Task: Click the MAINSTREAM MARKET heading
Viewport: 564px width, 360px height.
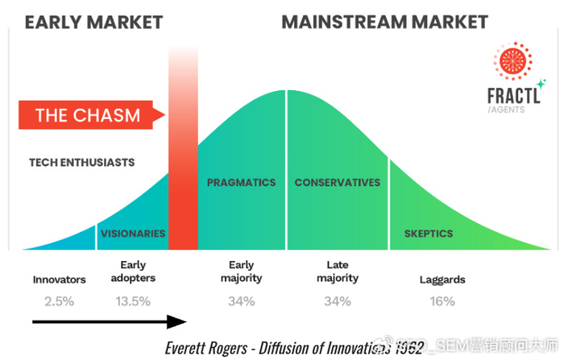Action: click(384, 22)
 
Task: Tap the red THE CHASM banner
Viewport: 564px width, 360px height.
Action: click(88, 114)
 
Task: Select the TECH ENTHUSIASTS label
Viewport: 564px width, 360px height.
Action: click(81, 162)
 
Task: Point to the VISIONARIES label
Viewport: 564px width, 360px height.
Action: click(133, 234)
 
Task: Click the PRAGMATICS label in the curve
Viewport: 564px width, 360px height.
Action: click(241, 183)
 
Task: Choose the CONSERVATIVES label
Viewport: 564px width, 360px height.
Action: click(337, 183)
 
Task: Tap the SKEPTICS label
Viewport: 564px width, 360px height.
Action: click(428, 234)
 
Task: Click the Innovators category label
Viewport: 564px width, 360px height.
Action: click(59, 280)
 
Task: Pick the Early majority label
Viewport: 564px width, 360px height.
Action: click(241, 271)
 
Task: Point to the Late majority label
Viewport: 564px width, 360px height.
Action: click(337, 271)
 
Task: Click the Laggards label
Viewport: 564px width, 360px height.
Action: click(441, 280)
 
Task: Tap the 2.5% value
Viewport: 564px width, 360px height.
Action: click(59, 301)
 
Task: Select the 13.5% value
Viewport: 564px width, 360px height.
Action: click(133, 301)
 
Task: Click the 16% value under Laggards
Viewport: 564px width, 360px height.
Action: click(441, 301)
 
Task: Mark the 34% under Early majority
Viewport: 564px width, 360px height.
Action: click(241, 301)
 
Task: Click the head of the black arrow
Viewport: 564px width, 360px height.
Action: click(180, 323)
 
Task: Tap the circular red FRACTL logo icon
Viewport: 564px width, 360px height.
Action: click(513, 61)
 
